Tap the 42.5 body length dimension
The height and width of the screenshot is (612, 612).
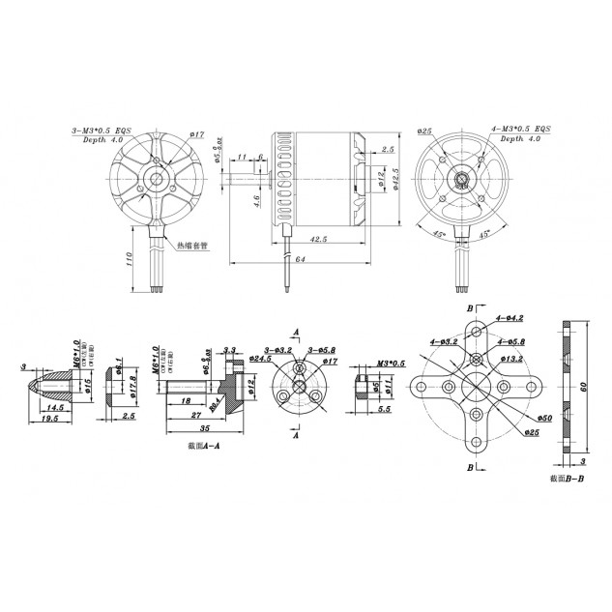[316, 237]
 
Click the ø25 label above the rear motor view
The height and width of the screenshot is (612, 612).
[425, 130]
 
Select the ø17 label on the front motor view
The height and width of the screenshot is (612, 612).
[195, 134]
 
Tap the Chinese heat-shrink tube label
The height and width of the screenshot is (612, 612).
[193, 246]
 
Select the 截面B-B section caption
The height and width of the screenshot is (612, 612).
[567, 478]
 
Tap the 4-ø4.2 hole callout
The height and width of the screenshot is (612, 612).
[510, 317]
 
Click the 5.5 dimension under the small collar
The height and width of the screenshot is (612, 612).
[384, 410]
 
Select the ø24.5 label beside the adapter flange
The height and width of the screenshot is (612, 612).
[260, 359]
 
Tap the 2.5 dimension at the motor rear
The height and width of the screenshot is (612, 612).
[388, 150]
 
